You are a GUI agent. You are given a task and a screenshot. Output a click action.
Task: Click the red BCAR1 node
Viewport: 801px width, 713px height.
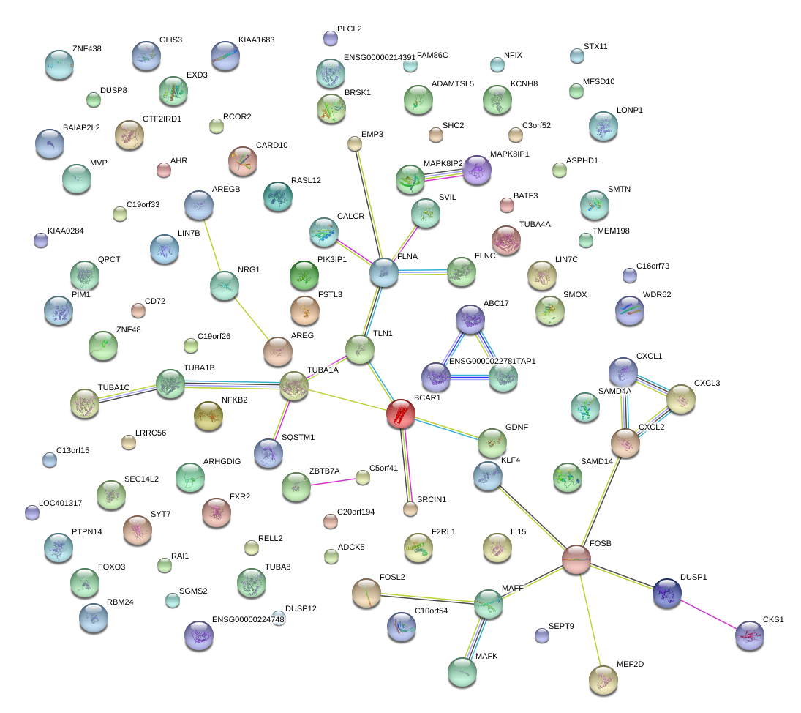coord(400,414)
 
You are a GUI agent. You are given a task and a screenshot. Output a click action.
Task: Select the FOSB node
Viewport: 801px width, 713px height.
coord(576,559)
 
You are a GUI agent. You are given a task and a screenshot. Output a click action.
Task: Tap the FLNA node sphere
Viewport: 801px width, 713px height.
coord(384,272)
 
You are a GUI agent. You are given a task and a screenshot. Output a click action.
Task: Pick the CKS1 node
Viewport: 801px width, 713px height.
coord(749,635)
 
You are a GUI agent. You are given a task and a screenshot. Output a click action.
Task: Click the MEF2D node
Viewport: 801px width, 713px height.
coord(603,679)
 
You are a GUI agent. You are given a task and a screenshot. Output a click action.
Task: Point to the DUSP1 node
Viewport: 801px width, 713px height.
coord(666,592)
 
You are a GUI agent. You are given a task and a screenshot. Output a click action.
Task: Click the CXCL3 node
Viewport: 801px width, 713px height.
coord(680,398)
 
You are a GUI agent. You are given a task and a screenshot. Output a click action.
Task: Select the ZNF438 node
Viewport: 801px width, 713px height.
coord(59,64)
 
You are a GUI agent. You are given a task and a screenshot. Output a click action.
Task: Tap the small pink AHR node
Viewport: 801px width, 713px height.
coord(164,171)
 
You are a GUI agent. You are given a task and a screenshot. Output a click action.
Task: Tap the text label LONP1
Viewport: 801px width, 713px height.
coord(609,110)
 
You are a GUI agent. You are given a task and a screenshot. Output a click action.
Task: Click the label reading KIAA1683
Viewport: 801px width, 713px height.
coord(257,40)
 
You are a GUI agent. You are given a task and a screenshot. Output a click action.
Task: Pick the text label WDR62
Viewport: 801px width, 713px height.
coord(656,295)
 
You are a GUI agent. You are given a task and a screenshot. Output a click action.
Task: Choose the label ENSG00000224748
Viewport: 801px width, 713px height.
coord(248,619)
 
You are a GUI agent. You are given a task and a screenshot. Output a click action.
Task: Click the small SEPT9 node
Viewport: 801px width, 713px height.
coord(542,635)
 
